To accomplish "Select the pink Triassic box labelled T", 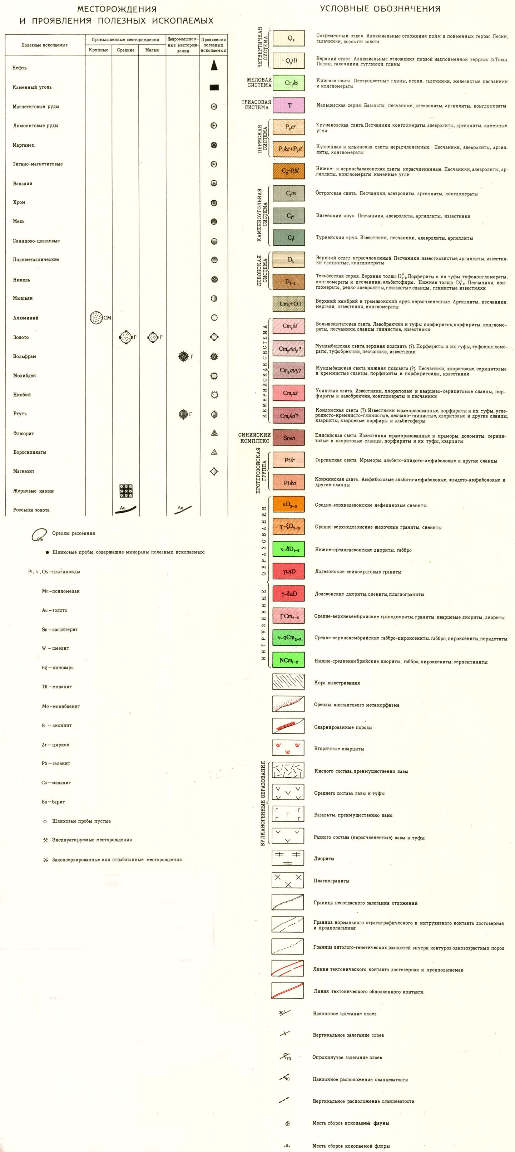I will coord(288,105).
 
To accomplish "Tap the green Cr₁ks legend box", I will coord(288,83).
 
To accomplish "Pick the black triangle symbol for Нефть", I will coord(214,65).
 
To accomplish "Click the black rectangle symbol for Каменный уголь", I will coord(214,87).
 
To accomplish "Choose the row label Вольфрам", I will coord(25,356).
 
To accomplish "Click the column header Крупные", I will coord(98,50).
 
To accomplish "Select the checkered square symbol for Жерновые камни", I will coord(125,490).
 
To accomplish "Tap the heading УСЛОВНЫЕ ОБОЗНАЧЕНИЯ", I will coord(380,9).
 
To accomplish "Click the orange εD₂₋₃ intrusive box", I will coord(288,505).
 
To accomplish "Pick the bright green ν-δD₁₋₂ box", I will coord(288,550).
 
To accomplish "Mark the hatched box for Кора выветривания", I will coord(288,683).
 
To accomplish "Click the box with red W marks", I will coord(288,748).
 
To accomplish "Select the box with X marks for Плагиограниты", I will coord(288,880).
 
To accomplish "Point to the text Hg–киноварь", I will coord(58,668).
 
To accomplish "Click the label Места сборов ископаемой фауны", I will coord(351,1123).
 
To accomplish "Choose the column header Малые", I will coord(152,50).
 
